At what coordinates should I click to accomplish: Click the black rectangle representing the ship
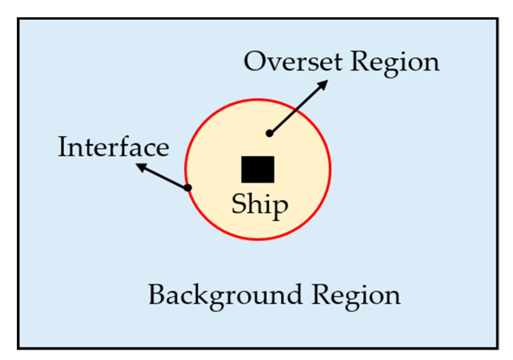[x=258, y=169]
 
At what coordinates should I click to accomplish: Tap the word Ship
[x=260, y=205]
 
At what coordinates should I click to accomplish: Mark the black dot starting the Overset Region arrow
[x=269, y=133]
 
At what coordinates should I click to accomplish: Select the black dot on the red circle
[x=188, y=188]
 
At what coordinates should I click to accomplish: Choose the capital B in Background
[x=157, y=295]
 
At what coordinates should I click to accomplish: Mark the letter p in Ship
[x=280, y=207]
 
